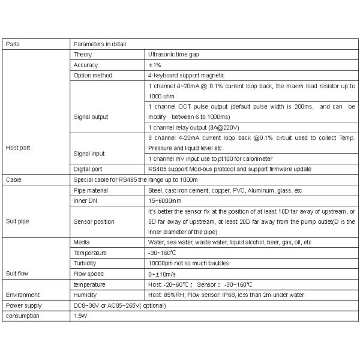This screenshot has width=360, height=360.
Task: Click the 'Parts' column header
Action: click(x=13, y=44)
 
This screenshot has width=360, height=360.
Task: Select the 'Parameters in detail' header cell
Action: click(x=100, y=44)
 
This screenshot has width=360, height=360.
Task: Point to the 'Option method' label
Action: click(x=93, y=76)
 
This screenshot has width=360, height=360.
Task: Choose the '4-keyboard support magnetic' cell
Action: click(x=186, y=76)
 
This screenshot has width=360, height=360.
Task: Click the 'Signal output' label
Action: click(x=91, y=116)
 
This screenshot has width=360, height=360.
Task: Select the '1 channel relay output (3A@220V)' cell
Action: click(x=193, y=127)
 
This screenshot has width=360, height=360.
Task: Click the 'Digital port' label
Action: click(x=88, y=169)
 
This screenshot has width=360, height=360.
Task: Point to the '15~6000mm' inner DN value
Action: click(x=164, y=200)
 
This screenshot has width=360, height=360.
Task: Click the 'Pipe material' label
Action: click(x=91, y=190)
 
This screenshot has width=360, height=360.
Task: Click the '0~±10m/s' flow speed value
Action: click(x=161, y=273)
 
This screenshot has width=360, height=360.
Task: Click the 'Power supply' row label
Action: click(x=22, y=305)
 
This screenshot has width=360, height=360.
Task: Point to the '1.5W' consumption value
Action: click(x=80, y=316)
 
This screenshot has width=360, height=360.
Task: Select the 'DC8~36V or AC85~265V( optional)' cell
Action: click(x=119, y=305)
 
